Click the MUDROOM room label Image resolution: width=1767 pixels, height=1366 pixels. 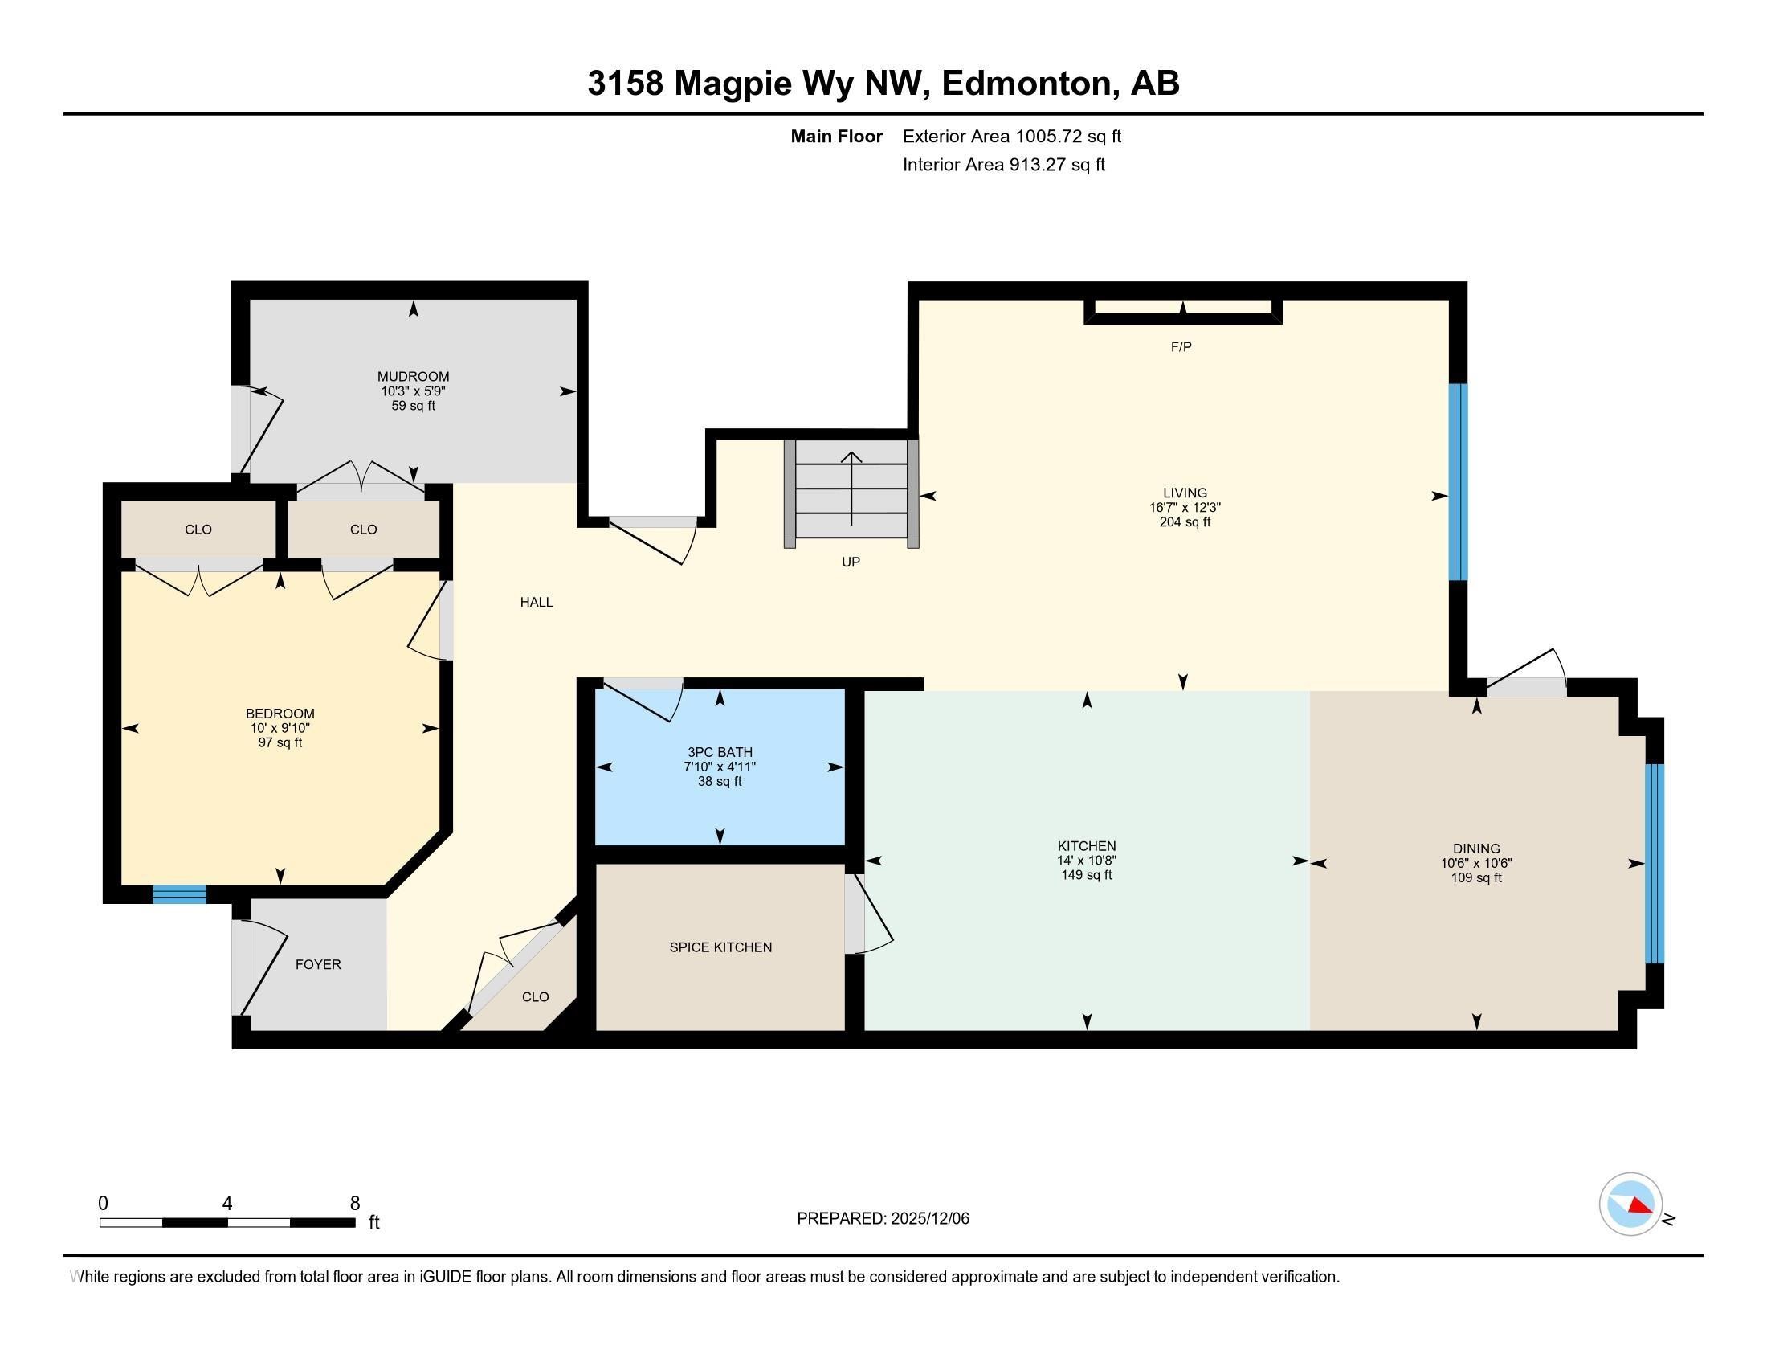(413, 376)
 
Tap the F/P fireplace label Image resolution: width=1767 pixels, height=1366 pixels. (1181, 347)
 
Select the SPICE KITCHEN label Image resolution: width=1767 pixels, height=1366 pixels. (720, 947)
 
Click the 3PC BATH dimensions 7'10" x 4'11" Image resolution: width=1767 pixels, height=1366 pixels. (720, 767)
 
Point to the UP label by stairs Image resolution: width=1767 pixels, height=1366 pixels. (851, 562)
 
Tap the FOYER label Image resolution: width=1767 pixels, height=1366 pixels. (318, 963)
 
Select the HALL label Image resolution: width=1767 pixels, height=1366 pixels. (537, 602)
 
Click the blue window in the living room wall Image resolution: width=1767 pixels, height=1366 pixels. (1457, 481)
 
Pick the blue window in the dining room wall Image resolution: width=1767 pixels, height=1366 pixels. (1655, 864)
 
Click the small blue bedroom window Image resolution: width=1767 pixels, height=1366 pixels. (180, 894)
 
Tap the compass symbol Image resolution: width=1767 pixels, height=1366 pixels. (1630, 1204)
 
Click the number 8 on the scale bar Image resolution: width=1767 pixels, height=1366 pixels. (354, 1204)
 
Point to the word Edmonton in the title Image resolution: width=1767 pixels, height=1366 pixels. (1026, 84)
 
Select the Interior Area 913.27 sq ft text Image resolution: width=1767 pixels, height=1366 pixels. (1003, 165)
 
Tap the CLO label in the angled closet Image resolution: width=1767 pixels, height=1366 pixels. (535, 997)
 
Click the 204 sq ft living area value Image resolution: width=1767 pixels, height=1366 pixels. (1185, 522)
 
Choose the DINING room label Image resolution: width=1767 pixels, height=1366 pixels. (1475, 848)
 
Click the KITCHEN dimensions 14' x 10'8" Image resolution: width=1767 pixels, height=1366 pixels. (1086, 861)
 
